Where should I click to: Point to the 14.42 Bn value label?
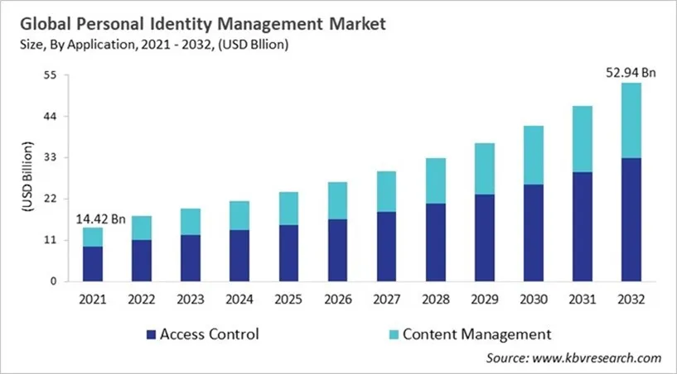100,218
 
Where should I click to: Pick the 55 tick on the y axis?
51,75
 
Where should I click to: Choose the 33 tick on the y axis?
51,157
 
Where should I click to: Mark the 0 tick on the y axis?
54,281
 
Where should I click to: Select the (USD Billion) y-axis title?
27,178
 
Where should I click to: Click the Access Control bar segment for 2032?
631,219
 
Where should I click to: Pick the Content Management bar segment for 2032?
631,120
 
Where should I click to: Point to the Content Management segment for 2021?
93,237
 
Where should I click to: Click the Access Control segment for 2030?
534,233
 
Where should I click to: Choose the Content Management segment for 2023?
191,222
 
